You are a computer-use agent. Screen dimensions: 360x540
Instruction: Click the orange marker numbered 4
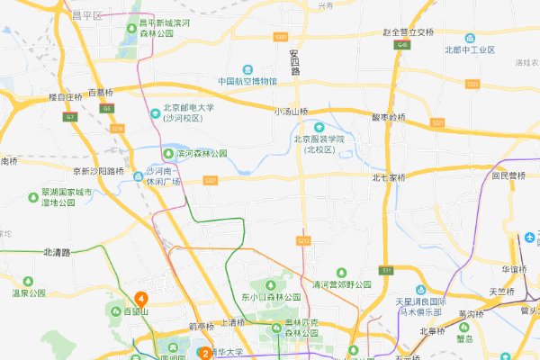141,298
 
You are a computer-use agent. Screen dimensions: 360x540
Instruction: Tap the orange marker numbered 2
205,354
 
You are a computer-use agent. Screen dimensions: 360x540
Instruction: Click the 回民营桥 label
509,176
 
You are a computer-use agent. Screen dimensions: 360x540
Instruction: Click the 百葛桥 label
101,93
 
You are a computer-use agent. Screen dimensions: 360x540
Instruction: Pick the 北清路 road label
57,252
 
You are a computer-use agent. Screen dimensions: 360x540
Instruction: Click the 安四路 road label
293,61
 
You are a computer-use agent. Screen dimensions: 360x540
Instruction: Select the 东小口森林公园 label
268,297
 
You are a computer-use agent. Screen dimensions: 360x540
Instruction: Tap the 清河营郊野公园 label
341,284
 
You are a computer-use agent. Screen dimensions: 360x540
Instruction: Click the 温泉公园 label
28,292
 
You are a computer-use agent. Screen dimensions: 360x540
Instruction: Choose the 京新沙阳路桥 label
97,169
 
